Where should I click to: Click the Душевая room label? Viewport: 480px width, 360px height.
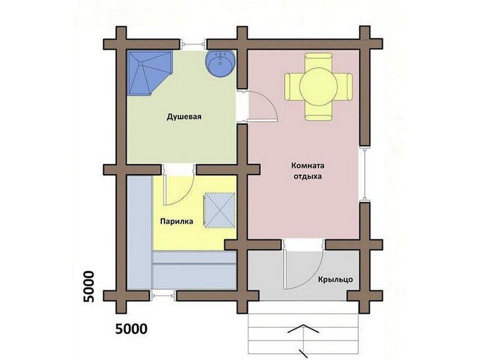tap(184, 117)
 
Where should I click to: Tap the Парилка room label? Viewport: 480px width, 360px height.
tap(176, 221)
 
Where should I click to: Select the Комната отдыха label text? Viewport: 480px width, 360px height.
tap(308, 171)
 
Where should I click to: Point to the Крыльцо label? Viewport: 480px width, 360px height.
tap(335, 280)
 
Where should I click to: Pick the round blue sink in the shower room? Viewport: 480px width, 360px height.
tap(220, 63)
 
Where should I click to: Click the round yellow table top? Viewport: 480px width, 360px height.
tap(319, 86)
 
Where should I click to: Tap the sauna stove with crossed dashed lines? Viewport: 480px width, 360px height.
tap(220, 211)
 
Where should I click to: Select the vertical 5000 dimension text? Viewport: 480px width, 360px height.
tap(89, 287)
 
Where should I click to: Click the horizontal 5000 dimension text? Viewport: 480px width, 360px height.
tap(131, 329)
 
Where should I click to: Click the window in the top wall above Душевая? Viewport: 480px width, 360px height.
tap(193, 44)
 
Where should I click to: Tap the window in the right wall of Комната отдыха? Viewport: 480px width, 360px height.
tap(365, 173)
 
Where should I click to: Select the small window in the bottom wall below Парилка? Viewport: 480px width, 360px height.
tap(164, 296)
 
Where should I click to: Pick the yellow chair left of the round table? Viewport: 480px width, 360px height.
tap(292, 86)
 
